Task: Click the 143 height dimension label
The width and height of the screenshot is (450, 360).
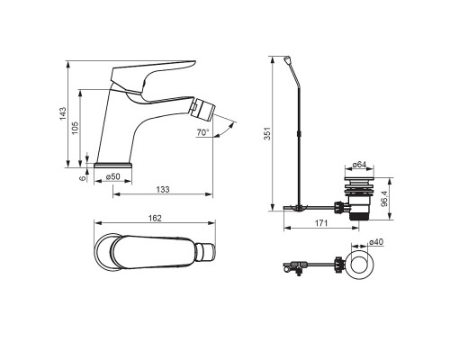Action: coord(63,113)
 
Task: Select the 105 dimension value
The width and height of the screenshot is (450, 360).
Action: coord(75,128)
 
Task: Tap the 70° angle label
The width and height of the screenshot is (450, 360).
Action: coord(203,132)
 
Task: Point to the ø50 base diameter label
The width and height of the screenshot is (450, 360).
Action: coord(112,176)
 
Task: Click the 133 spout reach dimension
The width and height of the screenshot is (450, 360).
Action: coord(163,190)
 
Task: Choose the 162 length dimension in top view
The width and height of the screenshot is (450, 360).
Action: coord(155,218)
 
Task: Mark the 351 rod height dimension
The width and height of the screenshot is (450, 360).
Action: coord(267,133)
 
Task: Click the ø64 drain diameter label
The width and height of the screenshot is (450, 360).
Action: coord(359,165)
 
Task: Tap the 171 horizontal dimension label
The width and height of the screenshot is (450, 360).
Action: coord(321,223)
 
